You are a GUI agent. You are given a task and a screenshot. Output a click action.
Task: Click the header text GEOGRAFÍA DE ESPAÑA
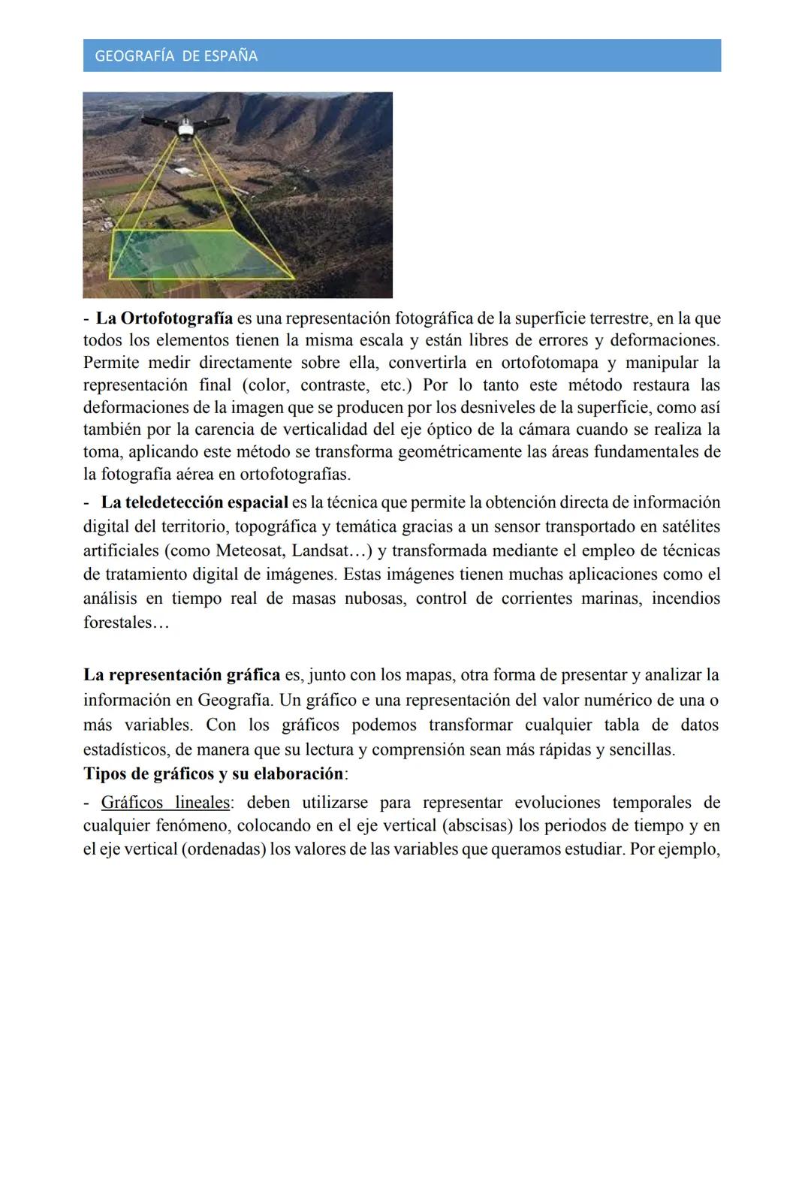pos(176,56)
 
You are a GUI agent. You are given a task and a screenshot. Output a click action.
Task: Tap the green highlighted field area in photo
pos(199,255)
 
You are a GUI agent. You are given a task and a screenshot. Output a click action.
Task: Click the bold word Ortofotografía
pos(175,318)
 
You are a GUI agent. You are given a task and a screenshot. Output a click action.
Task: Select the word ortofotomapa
pos(549,363)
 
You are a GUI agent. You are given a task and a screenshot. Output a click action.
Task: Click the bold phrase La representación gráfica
pos(182,675)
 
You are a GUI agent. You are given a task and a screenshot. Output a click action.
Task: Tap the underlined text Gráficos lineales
pos(165,802)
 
